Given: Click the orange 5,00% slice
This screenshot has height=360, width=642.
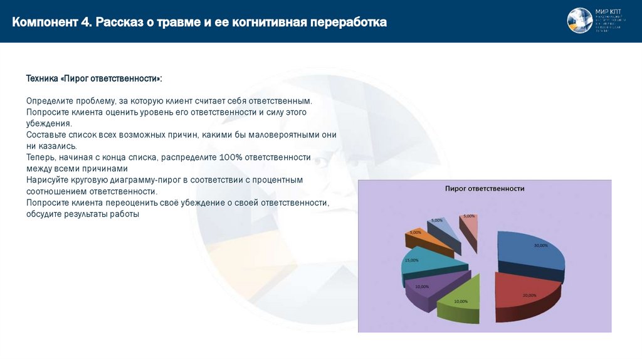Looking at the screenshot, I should click(426, 238).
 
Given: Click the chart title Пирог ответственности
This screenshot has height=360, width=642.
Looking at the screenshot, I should click(485, 188).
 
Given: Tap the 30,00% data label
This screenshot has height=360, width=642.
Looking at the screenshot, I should click(540, 245).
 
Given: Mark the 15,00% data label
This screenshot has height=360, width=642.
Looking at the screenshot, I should click(412, 260).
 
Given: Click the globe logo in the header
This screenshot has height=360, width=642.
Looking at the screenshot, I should click(579, 21).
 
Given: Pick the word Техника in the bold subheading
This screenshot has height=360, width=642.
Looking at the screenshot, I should click(43, 78).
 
